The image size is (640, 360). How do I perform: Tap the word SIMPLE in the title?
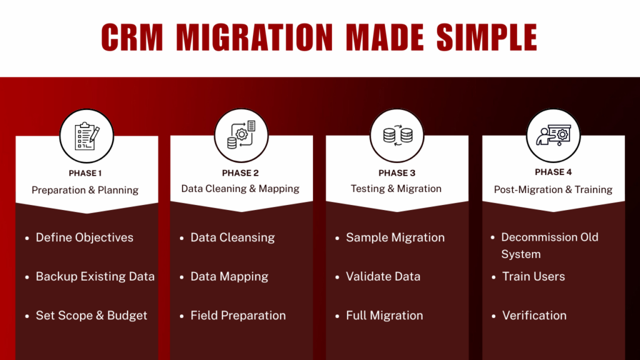pyautogui.click(x=486, y=37)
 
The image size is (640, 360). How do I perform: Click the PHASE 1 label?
pyautogui.click(x=85, y=173)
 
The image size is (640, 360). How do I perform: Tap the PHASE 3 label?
pyautogui.click(x=397, y=173)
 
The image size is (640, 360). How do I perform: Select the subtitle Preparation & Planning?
pyautogui.click(x=85, y=189)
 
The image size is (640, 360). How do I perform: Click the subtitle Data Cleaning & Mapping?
pyautogui.click(x=241, y=189)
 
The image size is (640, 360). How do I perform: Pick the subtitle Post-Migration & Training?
pyautogui.click(x=553, y=189)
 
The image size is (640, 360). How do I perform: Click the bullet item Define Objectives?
pyautogui.click(x=84, y=237)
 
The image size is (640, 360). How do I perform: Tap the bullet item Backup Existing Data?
pyautogui.click(x=95, y=276)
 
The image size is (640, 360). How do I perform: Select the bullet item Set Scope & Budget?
pyautogui.click(x=91, y=316)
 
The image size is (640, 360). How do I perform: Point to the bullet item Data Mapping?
pyautogui.click(x=229, y=276)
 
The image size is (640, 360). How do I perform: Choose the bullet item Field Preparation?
pyautogui.click(x=238, y=316)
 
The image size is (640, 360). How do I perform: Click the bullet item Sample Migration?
pyautogui.click(x=395, y=237)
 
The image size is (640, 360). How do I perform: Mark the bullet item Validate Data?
pyautogui.click(x=383, y=276)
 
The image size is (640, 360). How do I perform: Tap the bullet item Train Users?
pyautogui.click(x=533, y=276)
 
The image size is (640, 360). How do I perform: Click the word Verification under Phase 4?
pyautogui.click(x=534, y=316)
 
